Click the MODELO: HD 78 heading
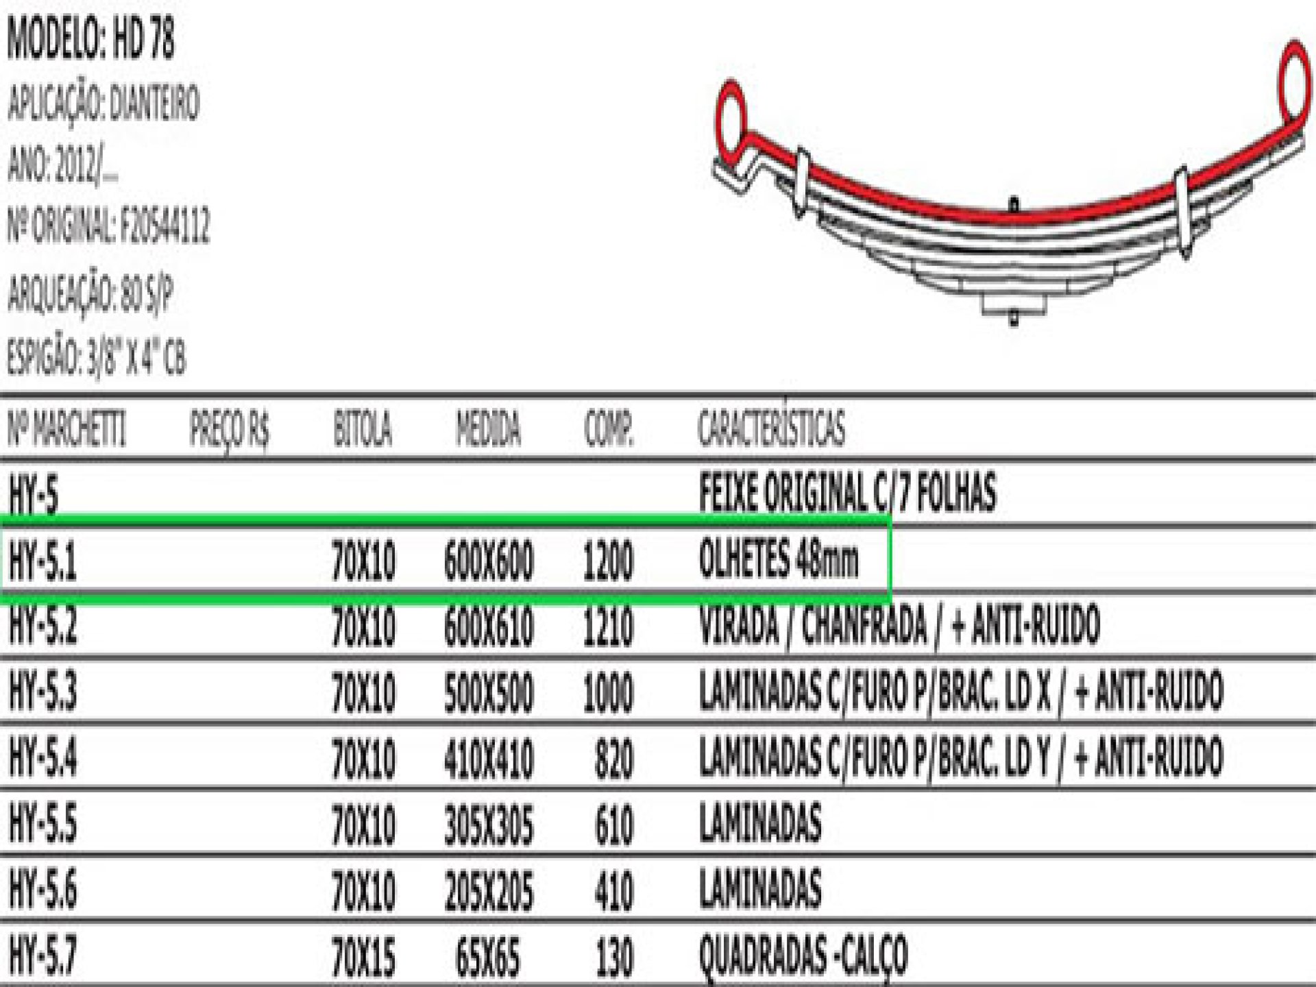pyautogui.click(x=90, y=39)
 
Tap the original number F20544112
pyautogui.click(x=164, y=226)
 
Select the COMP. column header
pyautogui.click(x=609, y=429)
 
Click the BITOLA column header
pyautogui.click(x=363, y=429)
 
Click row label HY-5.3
pyautogui.click(x=42, y=691)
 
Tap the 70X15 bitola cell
pyautogui.click(x=363, y=957)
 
